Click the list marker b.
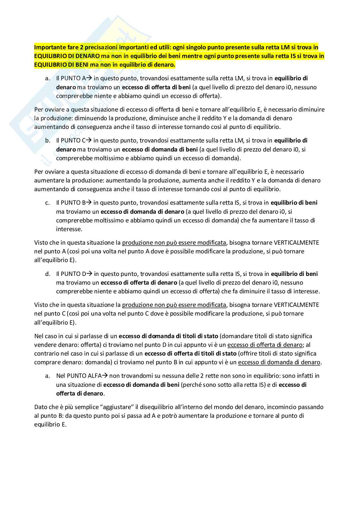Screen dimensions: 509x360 (x=48, y=141)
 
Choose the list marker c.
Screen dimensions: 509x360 (x=47, y=203)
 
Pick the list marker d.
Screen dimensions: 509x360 (x=48, y=274)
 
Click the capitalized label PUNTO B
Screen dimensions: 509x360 (x=73, y=203)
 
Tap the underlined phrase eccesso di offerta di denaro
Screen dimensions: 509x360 (x=265, y=345)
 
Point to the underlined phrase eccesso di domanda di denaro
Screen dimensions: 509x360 (x=279, y=362)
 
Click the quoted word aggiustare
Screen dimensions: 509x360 (x=116, y=407)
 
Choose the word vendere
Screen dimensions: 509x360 (x=45, y=345)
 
